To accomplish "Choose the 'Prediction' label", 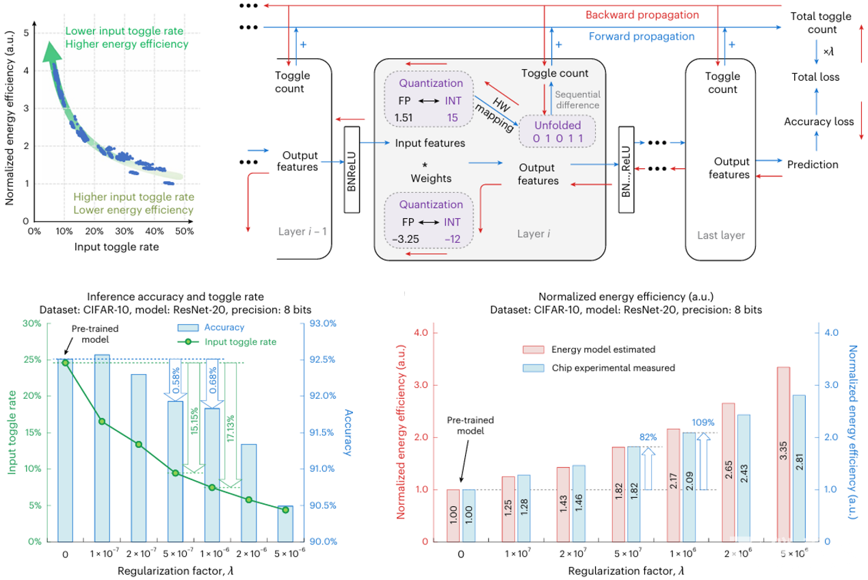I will pos(813,165).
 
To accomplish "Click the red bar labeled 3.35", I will pos(783,453).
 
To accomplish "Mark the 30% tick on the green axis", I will pos(32,324).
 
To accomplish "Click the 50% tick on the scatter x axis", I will pos(184,230).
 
